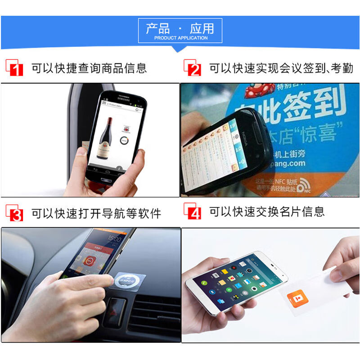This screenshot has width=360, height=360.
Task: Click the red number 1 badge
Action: click(14, 68)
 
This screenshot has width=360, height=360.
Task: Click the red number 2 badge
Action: click(193, 68)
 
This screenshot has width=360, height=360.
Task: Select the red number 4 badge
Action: click(193, 212)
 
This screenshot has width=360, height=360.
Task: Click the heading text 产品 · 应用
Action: click(180, 28)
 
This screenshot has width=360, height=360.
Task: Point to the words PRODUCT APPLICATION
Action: click(180, 38)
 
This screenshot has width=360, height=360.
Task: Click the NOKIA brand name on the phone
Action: click(246, 135)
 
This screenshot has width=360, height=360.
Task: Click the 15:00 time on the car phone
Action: click(114, 238)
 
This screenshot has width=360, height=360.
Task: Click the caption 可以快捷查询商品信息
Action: click(89, 68)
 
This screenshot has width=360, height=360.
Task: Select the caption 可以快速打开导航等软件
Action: click(96, 213)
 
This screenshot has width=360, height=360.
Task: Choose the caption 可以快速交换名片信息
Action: click(267, 212)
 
